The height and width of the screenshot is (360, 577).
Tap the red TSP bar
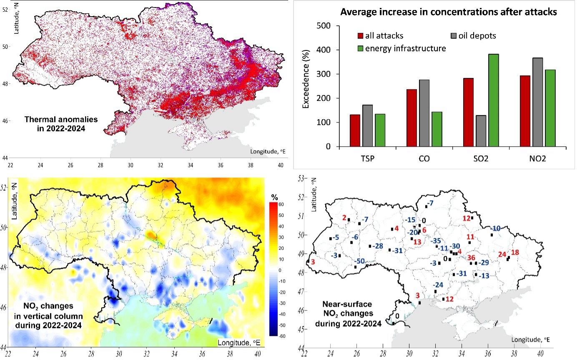[355, 130]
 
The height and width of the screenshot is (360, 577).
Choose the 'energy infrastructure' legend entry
[405, 48]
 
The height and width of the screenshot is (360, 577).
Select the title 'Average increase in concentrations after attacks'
[449, 12]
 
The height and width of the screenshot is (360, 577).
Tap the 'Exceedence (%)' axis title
[306, 86]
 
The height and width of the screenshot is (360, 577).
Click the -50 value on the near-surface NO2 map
[359, 261]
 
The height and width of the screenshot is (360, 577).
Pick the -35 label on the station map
[436, 241]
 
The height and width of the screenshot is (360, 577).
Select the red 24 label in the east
[502, 254]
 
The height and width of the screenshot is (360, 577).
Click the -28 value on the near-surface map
[378, 246]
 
